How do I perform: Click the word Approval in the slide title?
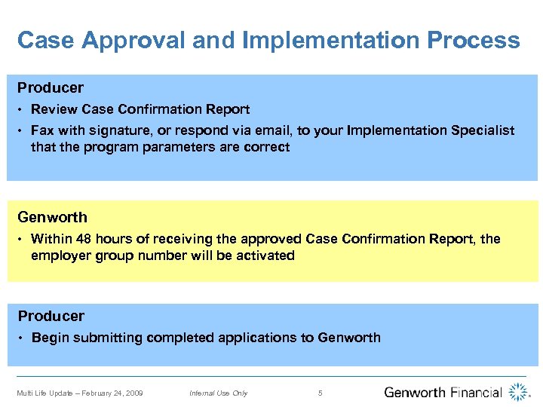point(133,40)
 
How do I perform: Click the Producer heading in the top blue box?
point(51,88)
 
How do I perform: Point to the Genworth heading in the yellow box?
point(53,217)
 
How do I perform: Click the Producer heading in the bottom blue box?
point(51,316)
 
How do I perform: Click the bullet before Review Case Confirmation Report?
point(21,110)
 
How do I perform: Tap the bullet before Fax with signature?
point(21,131)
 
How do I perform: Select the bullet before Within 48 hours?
point(21,240)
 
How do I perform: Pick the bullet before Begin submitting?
point(21,338)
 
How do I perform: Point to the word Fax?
point(42,130)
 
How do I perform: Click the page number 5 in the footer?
point(321,393)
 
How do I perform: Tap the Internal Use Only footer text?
point(219,393)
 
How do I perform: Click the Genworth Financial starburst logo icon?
point(519,392)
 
